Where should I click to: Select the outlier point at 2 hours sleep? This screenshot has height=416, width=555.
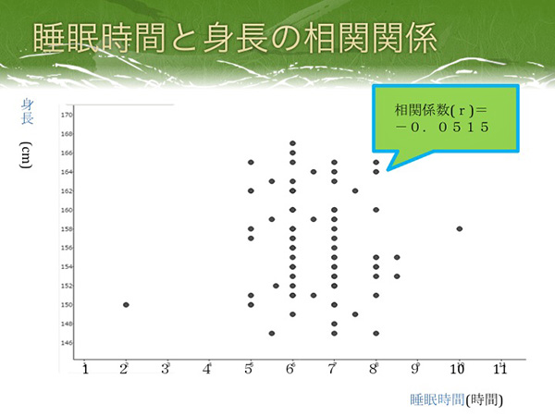(x=126, y=304)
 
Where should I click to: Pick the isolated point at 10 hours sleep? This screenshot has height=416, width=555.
(x=460, y=228)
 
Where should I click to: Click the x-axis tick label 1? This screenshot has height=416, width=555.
(x=85, y=370)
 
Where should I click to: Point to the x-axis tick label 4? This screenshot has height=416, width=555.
(x=208, y=370)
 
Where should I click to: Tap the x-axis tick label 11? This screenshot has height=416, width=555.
(x=500, y=370)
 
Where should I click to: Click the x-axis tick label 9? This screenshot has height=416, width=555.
(x=416, y=370)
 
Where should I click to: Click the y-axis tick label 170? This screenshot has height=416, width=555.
(x=67, y=116)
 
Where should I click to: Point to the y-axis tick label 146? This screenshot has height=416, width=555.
(x=67, y=342)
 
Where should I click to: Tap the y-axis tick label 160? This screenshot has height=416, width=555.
(x=67, y=210)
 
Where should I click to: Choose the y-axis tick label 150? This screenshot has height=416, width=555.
(x=67, y=304)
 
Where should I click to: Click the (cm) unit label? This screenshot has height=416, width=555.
(x=28, y=155)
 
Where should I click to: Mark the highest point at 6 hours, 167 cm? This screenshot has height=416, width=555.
(x=292, y=143)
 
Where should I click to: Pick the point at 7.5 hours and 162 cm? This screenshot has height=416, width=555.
(x=355, y=191)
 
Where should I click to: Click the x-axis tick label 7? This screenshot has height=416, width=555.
(x=333, y=370)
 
